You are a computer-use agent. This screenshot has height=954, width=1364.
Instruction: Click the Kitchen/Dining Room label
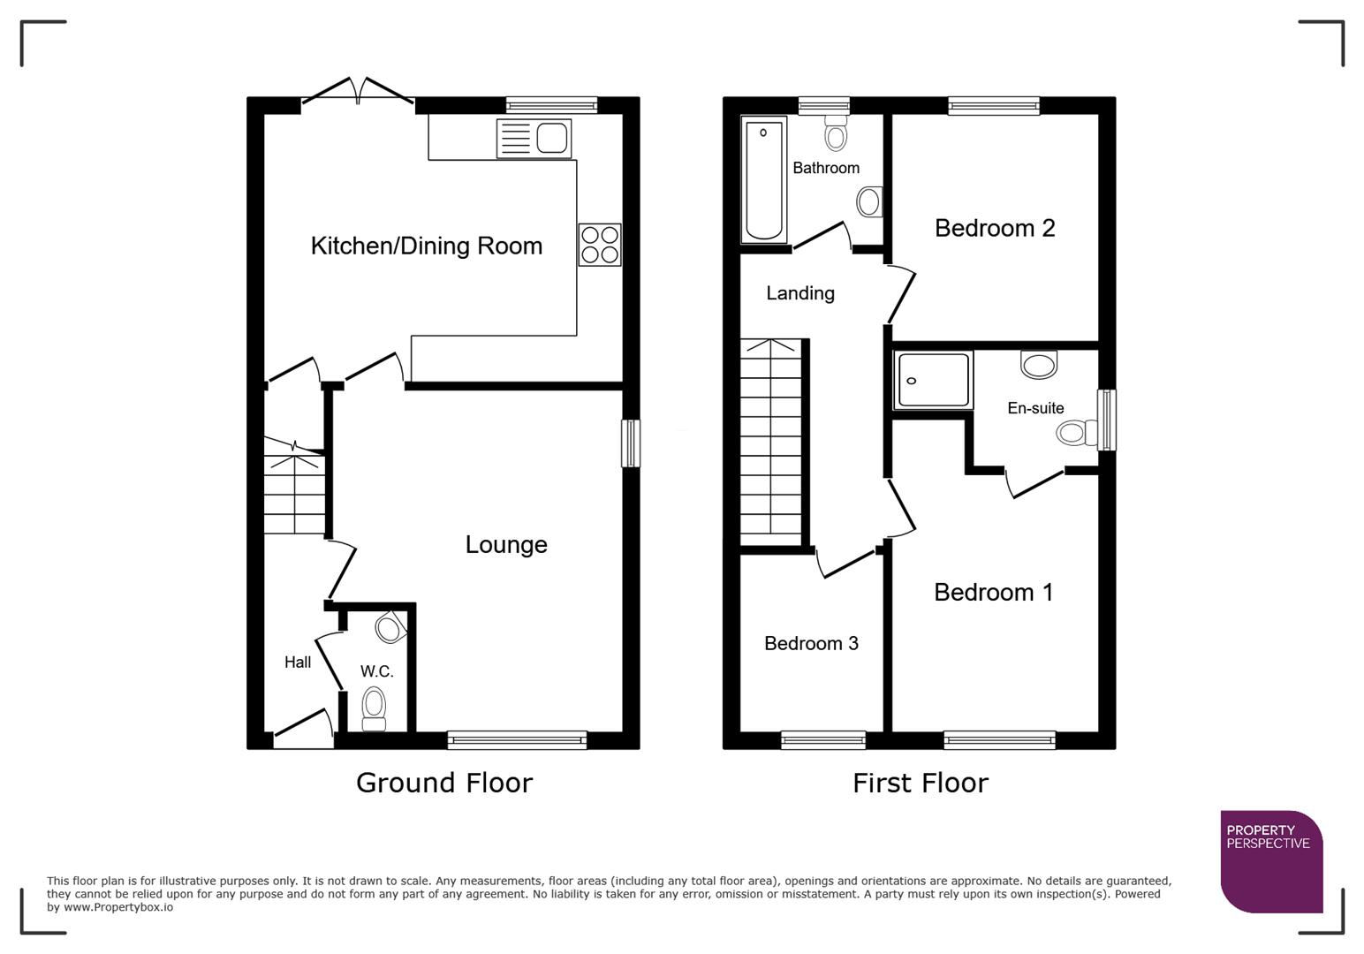tap(426, 246)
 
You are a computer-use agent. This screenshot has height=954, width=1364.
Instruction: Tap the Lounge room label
tap(506, 544)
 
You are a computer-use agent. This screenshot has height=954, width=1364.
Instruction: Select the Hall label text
tap(298, 662)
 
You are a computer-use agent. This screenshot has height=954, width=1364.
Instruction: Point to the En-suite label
tap(1035, 408)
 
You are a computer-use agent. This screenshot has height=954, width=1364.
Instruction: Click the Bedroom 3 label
tap(811, 643)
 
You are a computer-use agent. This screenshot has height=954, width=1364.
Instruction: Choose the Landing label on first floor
tap(799, 293)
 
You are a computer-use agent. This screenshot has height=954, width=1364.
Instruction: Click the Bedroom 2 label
tap(995, 228)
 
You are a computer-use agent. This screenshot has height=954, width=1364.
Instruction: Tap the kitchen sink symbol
tap(534, 139)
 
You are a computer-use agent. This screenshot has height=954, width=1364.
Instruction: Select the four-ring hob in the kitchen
tap(600, 245)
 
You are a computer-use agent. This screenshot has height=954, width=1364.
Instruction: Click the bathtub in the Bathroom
tap(764, 179)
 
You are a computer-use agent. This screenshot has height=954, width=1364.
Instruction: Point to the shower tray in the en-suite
tap(933, 380)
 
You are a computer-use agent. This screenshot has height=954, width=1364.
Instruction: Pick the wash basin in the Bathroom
tap(868, 201)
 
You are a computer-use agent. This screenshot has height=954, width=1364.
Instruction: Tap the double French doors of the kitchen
tap(358, 94)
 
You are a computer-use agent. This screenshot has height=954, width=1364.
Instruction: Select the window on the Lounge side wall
tap(631, 443)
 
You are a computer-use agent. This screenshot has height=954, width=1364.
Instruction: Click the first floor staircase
tap(771, 442)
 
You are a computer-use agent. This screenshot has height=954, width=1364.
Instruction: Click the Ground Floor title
tap(443, 783)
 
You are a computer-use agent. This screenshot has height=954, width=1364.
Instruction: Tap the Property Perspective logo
tap(1271, 861)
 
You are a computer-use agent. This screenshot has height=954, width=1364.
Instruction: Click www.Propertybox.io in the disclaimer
tap(117, 907)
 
